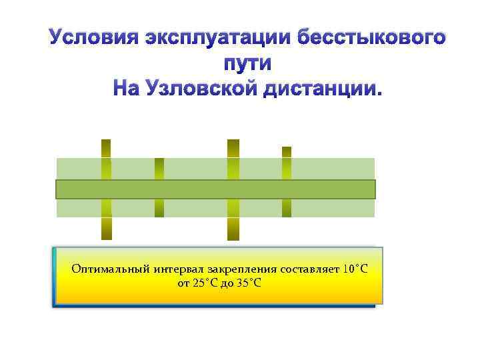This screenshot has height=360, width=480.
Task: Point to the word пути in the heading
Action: pos(245,63)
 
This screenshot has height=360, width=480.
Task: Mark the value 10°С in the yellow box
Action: pos(355,269)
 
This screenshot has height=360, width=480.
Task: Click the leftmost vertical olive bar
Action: pos(106,160)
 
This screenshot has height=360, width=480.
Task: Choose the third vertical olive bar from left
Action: pos(233,160)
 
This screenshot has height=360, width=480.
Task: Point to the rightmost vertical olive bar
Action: pos(287,163)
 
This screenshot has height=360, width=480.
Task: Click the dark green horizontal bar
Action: pos(215,189)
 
